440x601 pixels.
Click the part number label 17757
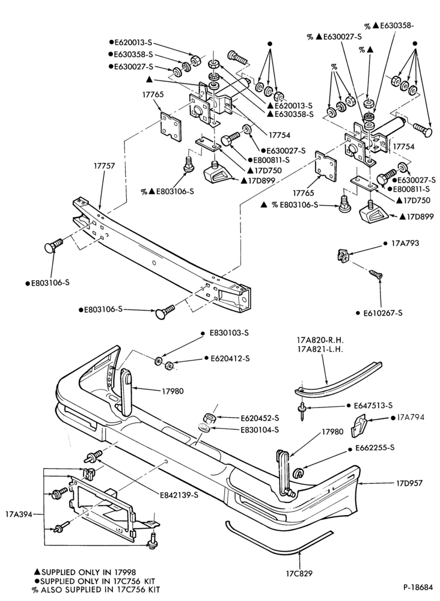(105, 166)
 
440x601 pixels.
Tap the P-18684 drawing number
(418, 587)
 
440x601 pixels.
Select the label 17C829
(299, 573)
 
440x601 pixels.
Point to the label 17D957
(409, 483)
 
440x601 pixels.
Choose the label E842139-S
(179, 495)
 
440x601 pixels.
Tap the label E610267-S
(383, 313)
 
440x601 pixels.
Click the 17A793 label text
(405, 243)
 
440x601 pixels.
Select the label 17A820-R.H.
(320, 340)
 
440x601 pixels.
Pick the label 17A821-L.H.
(320, 349)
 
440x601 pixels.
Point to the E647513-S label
(373, 405)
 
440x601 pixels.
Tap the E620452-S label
(260, 418)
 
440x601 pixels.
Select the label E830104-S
(260, 430)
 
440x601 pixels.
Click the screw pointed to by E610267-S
(375, 273)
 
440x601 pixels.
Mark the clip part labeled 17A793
(343, 255)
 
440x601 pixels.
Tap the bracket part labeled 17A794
(358, 425)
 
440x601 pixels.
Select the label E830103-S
(229, 333)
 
